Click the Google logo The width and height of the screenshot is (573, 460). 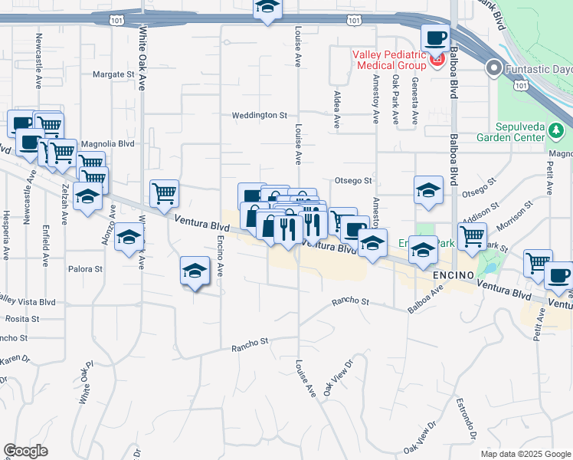click(x=25, y=451)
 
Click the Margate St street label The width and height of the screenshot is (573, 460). click(x=113, y=74)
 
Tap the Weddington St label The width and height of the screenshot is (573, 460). click(x=260, y=115)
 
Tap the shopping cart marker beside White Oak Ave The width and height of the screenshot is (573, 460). click(x=164, y=193)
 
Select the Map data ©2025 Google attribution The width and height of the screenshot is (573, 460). click(x=525, y=454)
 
